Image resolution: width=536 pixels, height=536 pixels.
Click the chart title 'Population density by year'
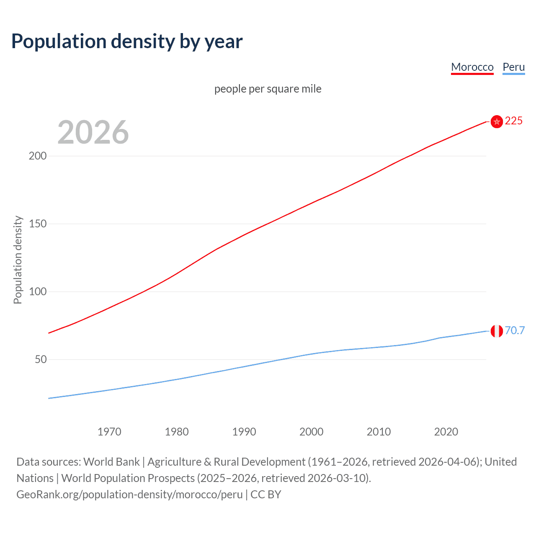click(127, 41)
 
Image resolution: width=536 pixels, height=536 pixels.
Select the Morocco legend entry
click(472, 67)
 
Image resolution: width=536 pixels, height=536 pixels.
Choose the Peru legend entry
click(513, 67)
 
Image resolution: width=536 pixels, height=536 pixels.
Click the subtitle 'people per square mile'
click(268, 89)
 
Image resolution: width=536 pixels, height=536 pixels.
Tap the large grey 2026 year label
click(93, 132)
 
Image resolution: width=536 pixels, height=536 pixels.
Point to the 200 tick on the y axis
click(38, 156)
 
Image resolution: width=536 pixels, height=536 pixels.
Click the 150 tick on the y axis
click(38, 224)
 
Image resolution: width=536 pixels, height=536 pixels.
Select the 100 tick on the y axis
click(38, 291)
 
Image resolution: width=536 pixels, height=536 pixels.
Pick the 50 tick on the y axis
click(41, 359)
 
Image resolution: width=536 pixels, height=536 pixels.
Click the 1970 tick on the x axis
click(109, 432)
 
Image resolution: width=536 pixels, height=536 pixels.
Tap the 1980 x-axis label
click(177, 432)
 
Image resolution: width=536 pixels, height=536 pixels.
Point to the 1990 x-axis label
click(244, 432)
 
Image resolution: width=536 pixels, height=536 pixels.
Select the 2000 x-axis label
click(311, 432)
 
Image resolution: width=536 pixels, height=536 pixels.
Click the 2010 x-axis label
click(379, 432)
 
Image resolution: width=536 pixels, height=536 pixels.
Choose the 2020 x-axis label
click(446, 432)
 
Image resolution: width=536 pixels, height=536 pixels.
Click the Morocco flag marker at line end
click(497, 121)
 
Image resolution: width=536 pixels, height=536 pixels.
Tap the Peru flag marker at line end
click(497, 331)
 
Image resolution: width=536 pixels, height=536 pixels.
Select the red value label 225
click(514, 121)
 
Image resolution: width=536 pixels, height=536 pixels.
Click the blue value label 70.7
click(515, 330)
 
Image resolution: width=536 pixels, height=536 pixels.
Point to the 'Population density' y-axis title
click(18, 260)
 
